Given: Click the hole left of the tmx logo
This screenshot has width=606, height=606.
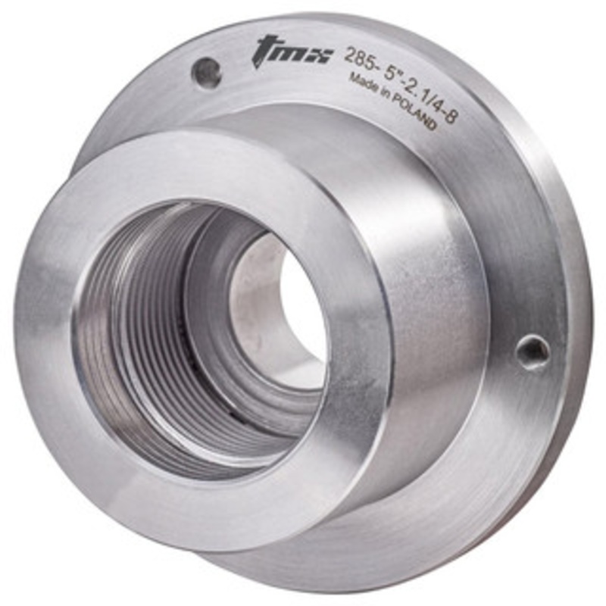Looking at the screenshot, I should pos(206,73).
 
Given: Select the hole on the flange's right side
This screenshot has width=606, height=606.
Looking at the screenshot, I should pos(533,351).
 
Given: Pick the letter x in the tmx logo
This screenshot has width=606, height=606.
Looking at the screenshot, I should pos(319,55).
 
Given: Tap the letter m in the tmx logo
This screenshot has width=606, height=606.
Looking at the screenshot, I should pos(292,52).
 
